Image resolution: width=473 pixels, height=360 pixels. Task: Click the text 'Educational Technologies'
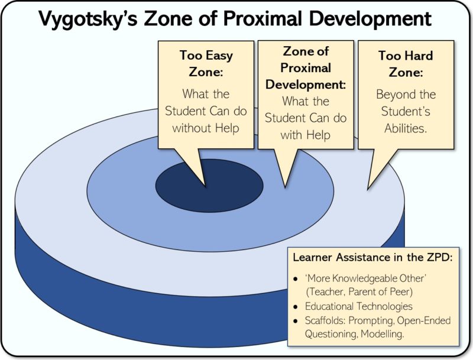(x=358, y=307)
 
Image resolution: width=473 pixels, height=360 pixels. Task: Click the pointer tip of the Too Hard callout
(x=368, y=189)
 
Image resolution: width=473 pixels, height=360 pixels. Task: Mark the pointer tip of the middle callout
(x=285, y=187)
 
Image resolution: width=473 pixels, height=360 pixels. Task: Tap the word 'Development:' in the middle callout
(x=306, y=84)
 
